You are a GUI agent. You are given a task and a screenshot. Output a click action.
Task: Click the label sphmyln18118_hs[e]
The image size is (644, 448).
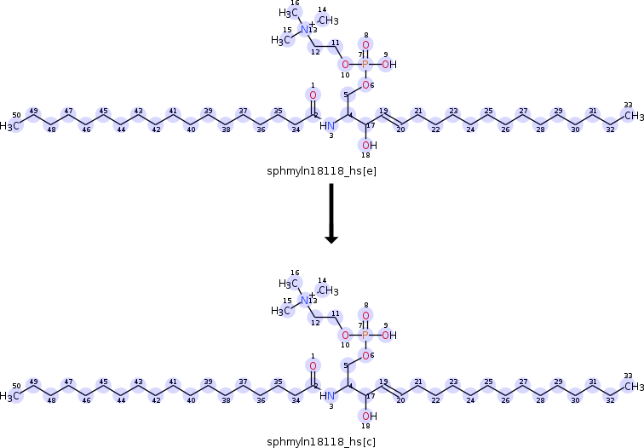(321, 170)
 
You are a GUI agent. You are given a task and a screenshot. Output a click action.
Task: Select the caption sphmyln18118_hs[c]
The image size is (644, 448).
(321, 418)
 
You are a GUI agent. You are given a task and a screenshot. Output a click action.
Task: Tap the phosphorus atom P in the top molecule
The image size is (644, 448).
(365, 64)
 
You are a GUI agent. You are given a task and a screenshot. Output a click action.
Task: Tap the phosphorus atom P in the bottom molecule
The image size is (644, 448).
(365, 336)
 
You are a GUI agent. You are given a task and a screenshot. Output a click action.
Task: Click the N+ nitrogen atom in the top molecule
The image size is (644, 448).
(305, 29)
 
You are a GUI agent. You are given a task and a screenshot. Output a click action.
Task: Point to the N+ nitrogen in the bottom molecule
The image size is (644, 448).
(305, 301)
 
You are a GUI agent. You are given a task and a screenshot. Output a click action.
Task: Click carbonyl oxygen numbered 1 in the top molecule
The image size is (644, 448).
(313, 95)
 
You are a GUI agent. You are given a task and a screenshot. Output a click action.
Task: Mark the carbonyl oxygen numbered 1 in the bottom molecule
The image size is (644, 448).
(313, 366)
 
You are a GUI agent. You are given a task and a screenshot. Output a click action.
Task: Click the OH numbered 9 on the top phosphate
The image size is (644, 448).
(388, 64)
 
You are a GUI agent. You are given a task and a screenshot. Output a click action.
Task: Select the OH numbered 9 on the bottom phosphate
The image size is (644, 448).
(388, 336)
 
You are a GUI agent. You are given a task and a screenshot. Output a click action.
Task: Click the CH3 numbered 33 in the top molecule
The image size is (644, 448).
(632, 116)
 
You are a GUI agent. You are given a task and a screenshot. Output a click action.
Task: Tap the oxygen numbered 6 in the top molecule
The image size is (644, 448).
(365, 85)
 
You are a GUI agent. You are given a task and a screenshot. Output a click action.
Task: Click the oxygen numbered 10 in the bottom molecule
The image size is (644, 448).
(344, 336)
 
